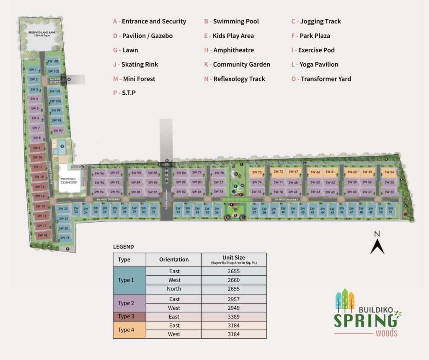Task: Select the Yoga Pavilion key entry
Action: click(315, 65)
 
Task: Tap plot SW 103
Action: click(53, 61)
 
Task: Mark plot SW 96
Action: click(99, 173)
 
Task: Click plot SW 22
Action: click(63, 209)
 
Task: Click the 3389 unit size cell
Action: click(234, 316)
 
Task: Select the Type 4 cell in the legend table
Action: click(129, 330)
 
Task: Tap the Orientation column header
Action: click(173, 259)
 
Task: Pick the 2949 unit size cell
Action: click(234, 308)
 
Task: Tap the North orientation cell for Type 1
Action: click(173, 289)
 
